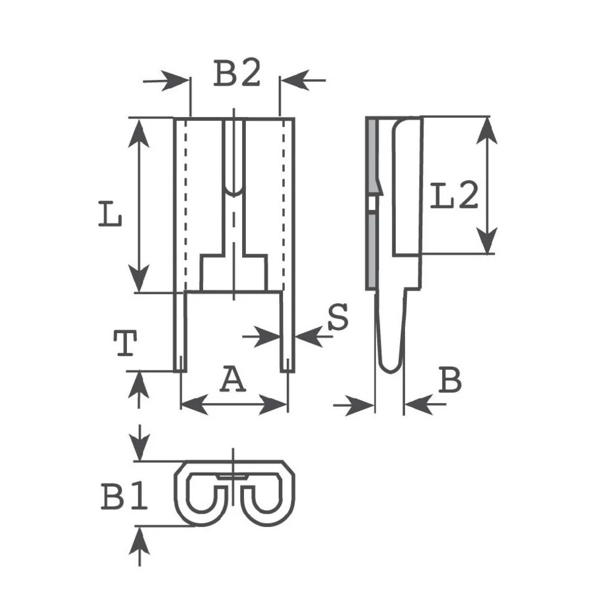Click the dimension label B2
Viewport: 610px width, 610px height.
coord(237,75)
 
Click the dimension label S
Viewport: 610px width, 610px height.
coord(337,317)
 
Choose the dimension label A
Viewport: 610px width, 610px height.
coord(232,380)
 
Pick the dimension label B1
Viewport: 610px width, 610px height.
coord(124,498)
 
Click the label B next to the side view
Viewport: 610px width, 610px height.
coord(450,381)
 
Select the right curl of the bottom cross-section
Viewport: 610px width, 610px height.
coord(266,495)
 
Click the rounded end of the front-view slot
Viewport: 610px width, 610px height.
coord(234,190)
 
